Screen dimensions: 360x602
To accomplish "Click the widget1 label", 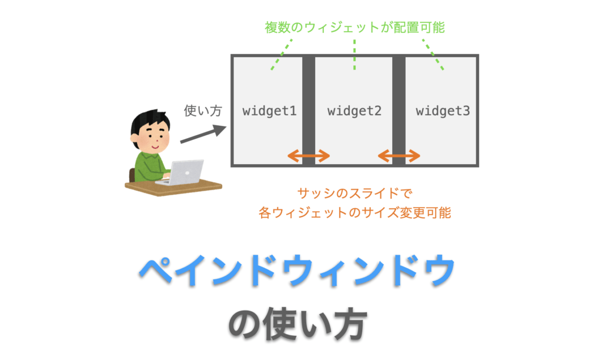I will [269, 111].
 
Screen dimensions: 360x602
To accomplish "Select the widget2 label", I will [354, 111].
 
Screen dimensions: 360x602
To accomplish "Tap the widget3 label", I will [443, 111].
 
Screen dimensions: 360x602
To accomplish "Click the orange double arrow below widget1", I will [309, 156].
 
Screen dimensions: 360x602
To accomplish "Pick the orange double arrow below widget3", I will [399, 156].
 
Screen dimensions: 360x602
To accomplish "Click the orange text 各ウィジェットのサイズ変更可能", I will [354, 212].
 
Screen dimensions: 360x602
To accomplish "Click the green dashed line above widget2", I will [354, 56].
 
